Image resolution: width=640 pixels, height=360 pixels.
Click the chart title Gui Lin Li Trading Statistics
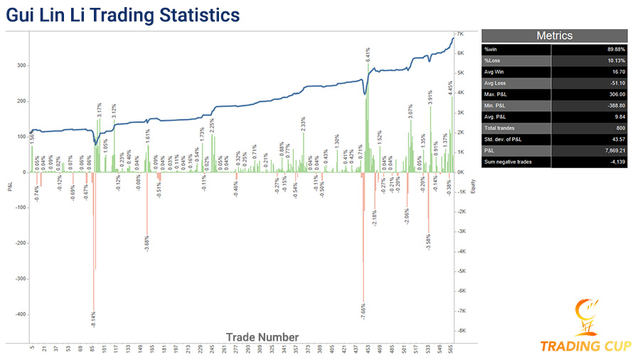point(123,14)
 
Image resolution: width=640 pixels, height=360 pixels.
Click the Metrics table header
point(555,36)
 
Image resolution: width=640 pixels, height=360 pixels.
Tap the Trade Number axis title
point(262,337)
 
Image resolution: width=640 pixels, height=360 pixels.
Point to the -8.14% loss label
point(93,319)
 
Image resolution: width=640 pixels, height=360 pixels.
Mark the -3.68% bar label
point(147,242)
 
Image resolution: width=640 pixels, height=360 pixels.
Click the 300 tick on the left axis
point(21,65)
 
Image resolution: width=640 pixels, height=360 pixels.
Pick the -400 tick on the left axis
point(20,314)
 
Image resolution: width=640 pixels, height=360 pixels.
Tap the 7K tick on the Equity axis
point(461,33)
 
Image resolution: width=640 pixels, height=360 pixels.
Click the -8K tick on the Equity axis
point(462,331)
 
